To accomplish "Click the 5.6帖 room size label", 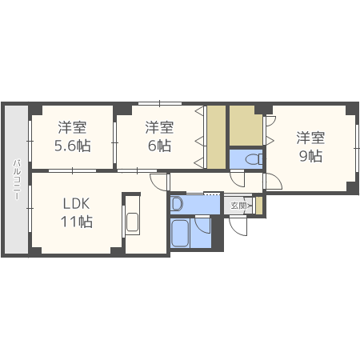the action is [73, 146].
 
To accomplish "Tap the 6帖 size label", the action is [159, 146].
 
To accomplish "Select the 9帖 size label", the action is [310, 156].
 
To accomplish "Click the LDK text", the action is [76, 204].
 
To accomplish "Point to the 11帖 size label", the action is [77, 222].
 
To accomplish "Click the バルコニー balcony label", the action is [17, 180].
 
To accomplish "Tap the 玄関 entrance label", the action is [238, 206].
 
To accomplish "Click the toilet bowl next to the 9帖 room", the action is [254, 159].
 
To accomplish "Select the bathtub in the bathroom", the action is [180, 233].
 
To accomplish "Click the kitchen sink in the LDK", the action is [133, 222].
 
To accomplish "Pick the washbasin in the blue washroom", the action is [177, 204].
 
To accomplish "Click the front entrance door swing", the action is [238, 226].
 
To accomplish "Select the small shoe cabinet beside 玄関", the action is [259, 205].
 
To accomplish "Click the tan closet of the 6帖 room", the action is [216, 137].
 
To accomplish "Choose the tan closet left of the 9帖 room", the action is [246, 126].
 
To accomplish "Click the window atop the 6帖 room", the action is [160, 103].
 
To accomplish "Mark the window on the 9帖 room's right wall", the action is [357, 148].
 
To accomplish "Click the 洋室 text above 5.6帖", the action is [73, 127].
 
